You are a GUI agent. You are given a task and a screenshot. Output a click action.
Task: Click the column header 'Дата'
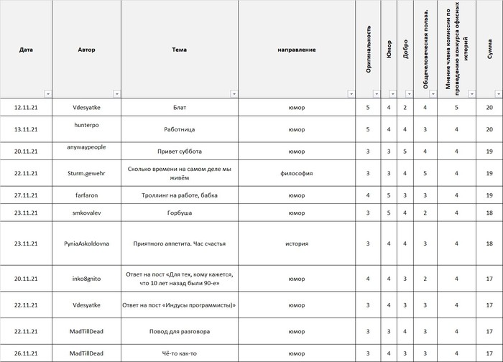click(26, 50)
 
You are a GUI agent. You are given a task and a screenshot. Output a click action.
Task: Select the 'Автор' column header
click(86, 50)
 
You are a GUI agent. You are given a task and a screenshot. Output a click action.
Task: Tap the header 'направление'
click(297, 50)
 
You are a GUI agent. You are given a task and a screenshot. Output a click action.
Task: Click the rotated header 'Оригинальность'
click(369, 50)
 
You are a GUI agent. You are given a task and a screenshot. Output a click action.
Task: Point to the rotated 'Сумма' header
click(489, 50)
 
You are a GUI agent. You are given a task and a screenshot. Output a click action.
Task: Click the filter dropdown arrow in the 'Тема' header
click(234, 94)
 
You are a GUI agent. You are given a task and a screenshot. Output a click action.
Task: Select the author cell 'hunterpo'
click(86, 124)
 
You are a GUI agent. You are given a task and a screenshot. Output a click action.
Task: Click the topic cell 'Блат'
click(180, 108)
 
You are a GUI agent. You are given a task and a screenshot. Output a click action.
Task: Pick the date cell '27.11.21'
click(26, 195)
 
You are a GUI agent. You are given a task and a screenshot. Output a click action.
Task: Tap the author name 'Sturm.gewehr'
click(86, 172)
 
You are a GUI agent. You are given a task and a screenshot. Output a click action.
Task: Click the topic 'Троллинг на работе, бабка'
click(180, 195)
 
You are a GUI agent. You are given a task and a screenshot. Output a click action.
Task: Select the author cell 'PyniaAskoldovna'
click(86, 243)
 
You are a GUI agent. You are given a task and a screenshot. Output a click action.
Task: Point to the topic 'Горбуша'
click(180, 213)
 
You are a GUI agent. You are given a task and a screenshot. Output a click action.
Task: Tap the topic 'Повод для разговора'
click(180, 331)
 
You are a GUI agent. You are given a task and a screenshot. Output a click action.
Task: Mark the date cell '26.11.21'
click(26, 353)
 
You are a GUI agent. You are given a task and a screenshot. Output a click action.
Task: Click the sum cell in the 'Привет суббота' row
click(489, 152)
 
